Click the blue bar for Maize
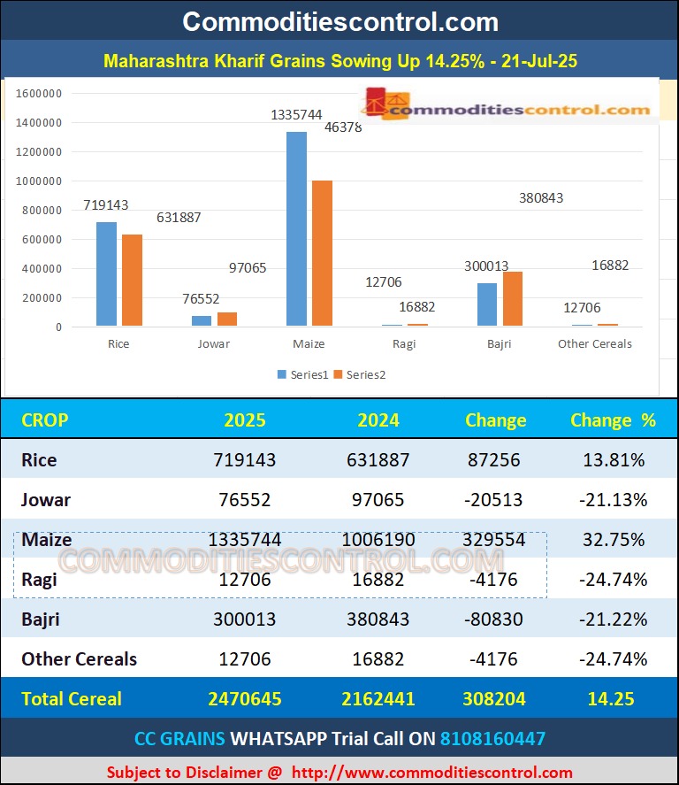(x=296, y=229)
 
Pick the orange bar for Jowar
(x=227, y=319)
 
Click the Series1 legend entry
(x=302, y=374)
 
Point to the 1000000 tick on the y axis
(x=39, y=181)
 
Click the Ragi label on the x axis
(x=403, y=344)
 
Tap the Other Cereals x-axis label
(x=594, y=344)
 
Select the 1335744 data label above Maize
(x=296, y=115)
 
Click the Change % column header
(x=613, y=420)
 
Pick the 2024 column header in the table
(x=378, y=420)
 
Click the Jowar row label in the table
(x=46, y=500)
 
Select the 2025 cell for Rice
(x=245, y=460)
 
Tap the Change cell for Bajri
(x=496, y=620)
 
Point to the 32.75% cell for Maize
(x=613, y=540)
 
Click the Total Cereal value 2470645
(x=245, y=699)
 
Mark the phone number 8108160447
(x=493, y=738)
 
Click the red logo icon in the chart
(x=378, y=103)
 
